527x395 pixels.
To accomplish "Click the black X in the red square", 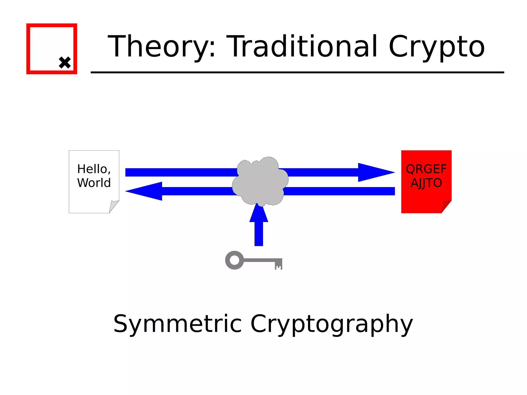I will [65, 63].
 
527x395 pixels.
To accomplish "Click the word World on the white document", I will [94, 183].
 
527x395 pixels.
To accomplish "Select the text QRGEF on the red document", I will [426, 169].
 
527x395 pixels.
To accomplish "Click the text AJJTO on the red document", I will [426, 183].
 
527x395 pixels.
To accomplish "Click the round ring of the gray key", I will [234, 260].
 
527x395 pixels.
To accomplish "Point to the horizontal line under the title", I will [297, 73].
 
